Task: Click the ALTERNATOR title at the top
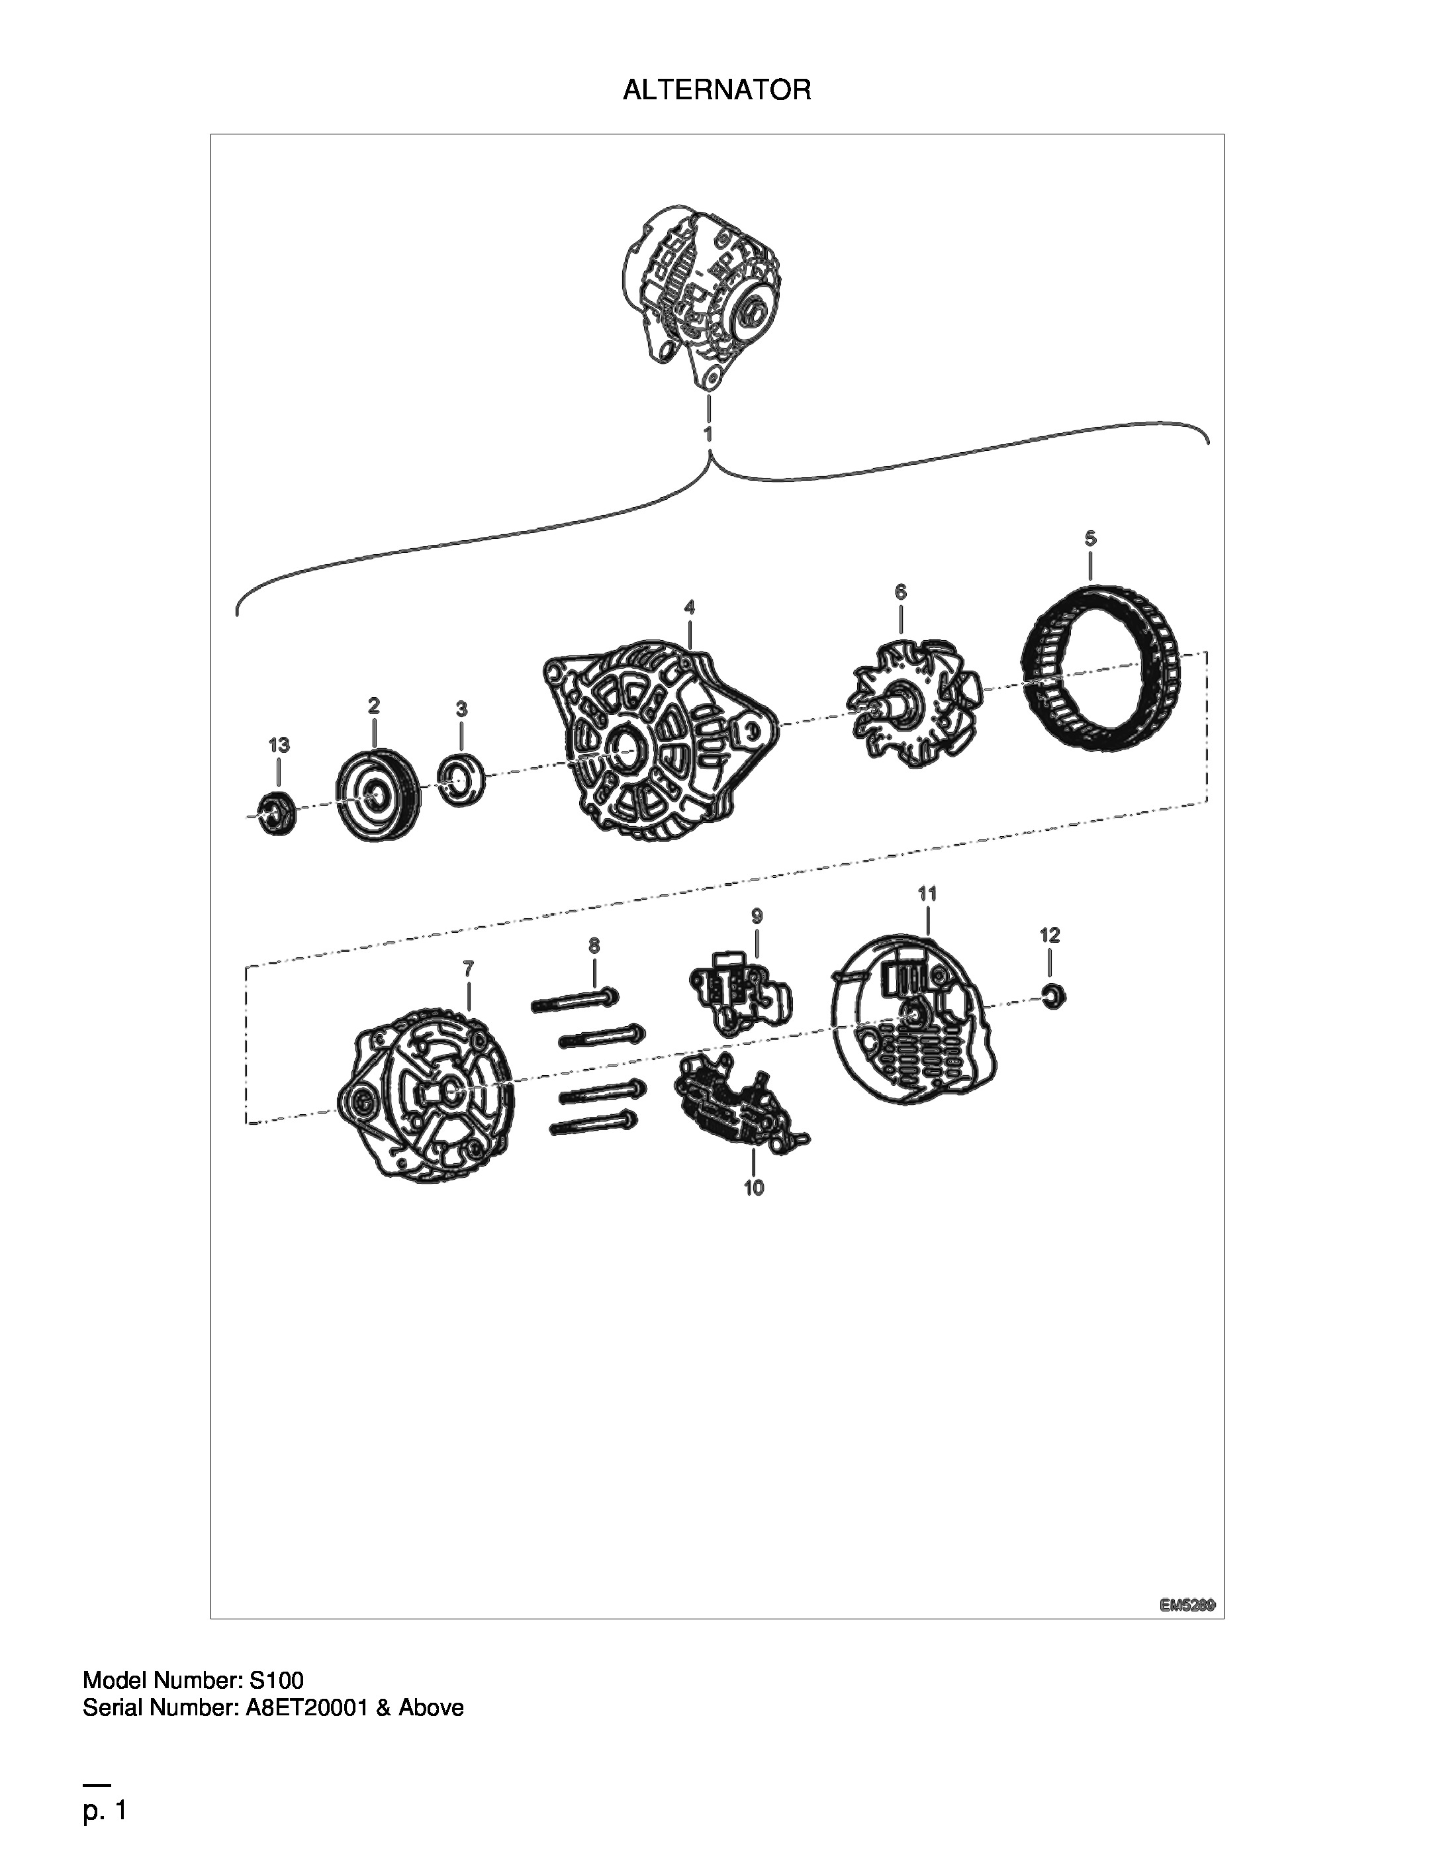(717, 89)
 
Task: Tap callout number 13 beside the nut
(279, 745)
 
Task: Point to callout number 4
(690, 607)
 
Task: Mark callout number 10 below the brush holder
(754, 1188)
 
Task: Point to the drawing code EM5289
(1187, 1605)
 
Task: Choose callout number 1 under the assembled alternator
(708, 433)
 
